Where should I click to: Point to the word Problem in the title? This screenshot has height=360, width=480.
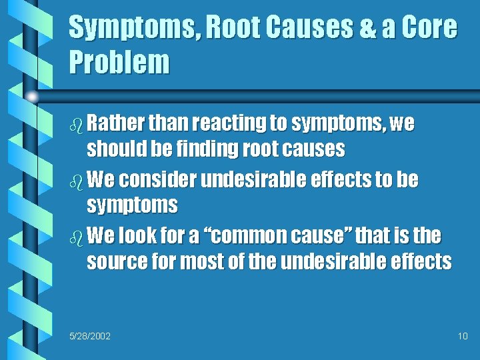click(119, 63)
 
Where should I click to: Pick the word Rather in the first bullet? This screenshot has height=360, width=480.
click(117, 123)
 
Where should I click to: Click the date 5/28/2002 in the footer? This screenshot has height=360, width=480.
click(90, 335)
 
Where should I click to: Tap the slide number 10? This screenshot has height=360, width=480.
click(463, 335)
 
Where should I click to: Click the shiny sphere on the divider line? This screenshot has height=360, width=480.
click(32, 97)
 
